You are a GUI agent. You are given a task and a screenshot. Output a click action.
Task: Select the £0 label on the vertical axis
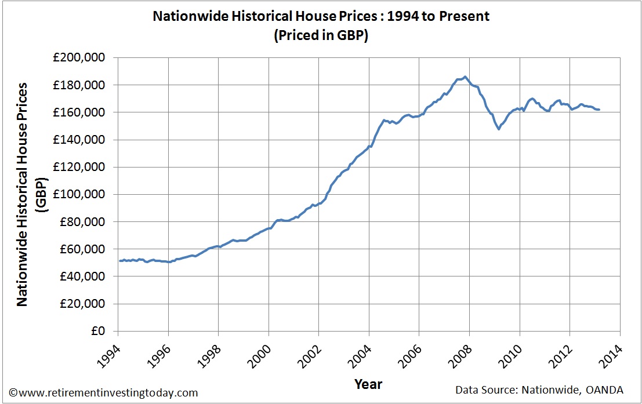click(x=99, y=332)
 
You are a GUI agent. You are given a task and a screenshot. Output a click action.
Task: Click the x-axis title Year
click(x=368, y=384)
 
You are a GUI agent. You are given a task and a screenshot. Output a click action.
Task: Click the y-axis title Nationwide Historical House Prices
click(x=22, y=194)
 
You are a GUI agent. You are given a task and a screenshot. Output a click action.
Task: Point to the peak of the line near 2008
click(x=465, y=77)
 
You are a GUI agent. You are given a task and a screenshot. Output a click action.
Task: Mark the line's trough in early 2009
click(x=498, y=129)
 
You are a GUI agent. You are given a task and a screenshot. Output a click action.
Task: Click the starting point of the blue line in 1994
click(x=119, y=261)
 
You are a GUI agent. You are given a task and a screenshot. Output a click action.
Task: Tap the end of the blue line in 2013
click(x=599, y=110)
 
